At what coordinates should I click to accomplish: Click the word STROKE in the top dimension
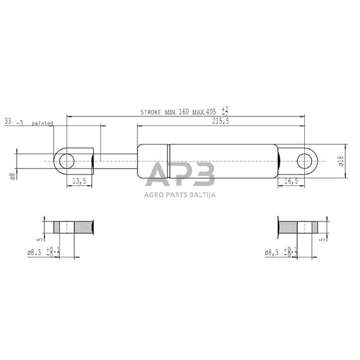click(x=153, y=112)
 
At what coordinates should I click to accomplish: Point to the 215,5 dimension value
click(x=220, y=121)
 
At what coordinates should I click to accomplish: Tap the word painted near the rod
click(x=43, y=123)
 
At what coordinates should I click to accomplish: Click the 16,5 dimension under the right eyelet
click(x=290, y=181)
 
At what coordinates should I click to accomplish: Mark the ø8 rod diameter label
click(x=12, y=175)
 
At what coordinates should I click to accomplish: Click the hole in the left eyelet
click(x=67, y=161)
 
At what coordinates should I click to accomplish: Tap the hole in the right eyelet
click(x=305, y=161)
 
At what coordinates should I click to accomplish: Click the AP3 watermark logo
click(x=180, y=176)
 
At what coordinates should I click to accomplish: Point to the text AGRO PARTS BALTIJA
click(x=180, y=194)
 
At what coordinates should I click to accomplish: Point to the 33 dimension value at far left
click(x=8, y=122)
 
